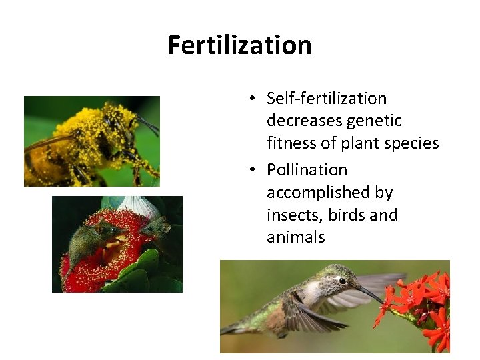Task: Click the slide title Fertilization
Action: [239, 45]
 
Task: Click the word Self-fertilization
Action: [326, 99]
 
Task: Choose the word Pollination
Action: [307, 170]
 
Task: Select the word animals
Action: [295, 237]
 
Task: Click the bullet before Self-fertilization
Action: [254, 99]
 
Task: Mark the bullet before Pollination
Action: [254, 171]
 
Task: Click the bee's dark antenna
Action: [148, 123]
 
